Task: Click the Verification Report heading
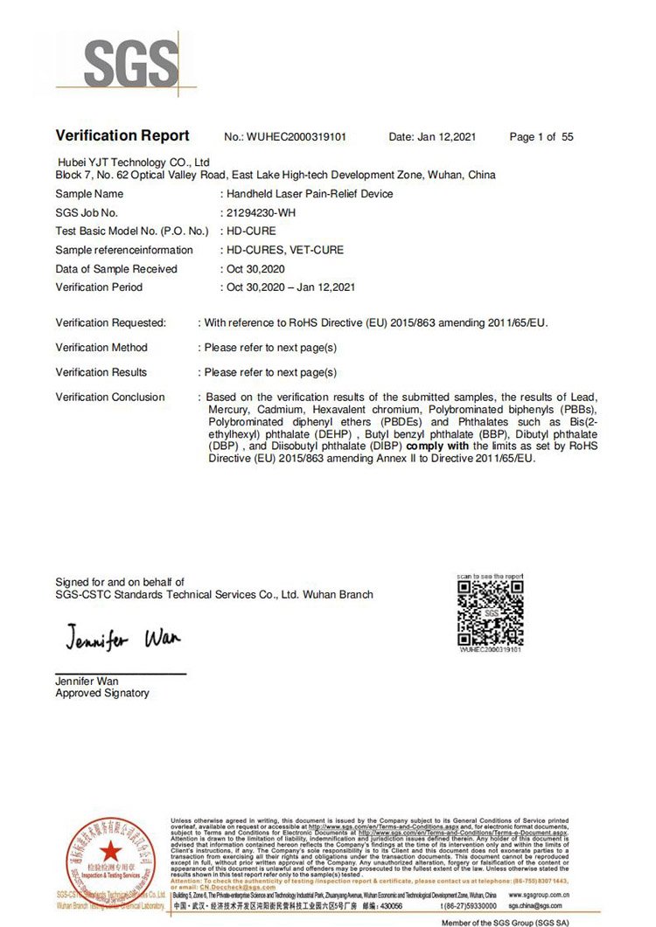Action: [x=122, y=135]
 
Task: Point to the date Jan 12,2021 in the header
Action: [x=450, y=137]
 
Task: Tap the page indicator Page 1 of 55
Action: [x=541, y=137]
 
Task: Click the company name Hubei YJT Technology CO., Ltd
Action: [x=134, y=163]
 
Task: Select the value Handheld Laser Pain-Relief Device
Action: [x=310, y=194]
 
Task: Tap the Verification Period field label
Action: [x=99, y=287]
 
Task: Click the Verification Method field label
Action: [x=101, y=348]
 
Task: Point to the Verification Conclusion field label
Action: [x=110, y=398]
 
